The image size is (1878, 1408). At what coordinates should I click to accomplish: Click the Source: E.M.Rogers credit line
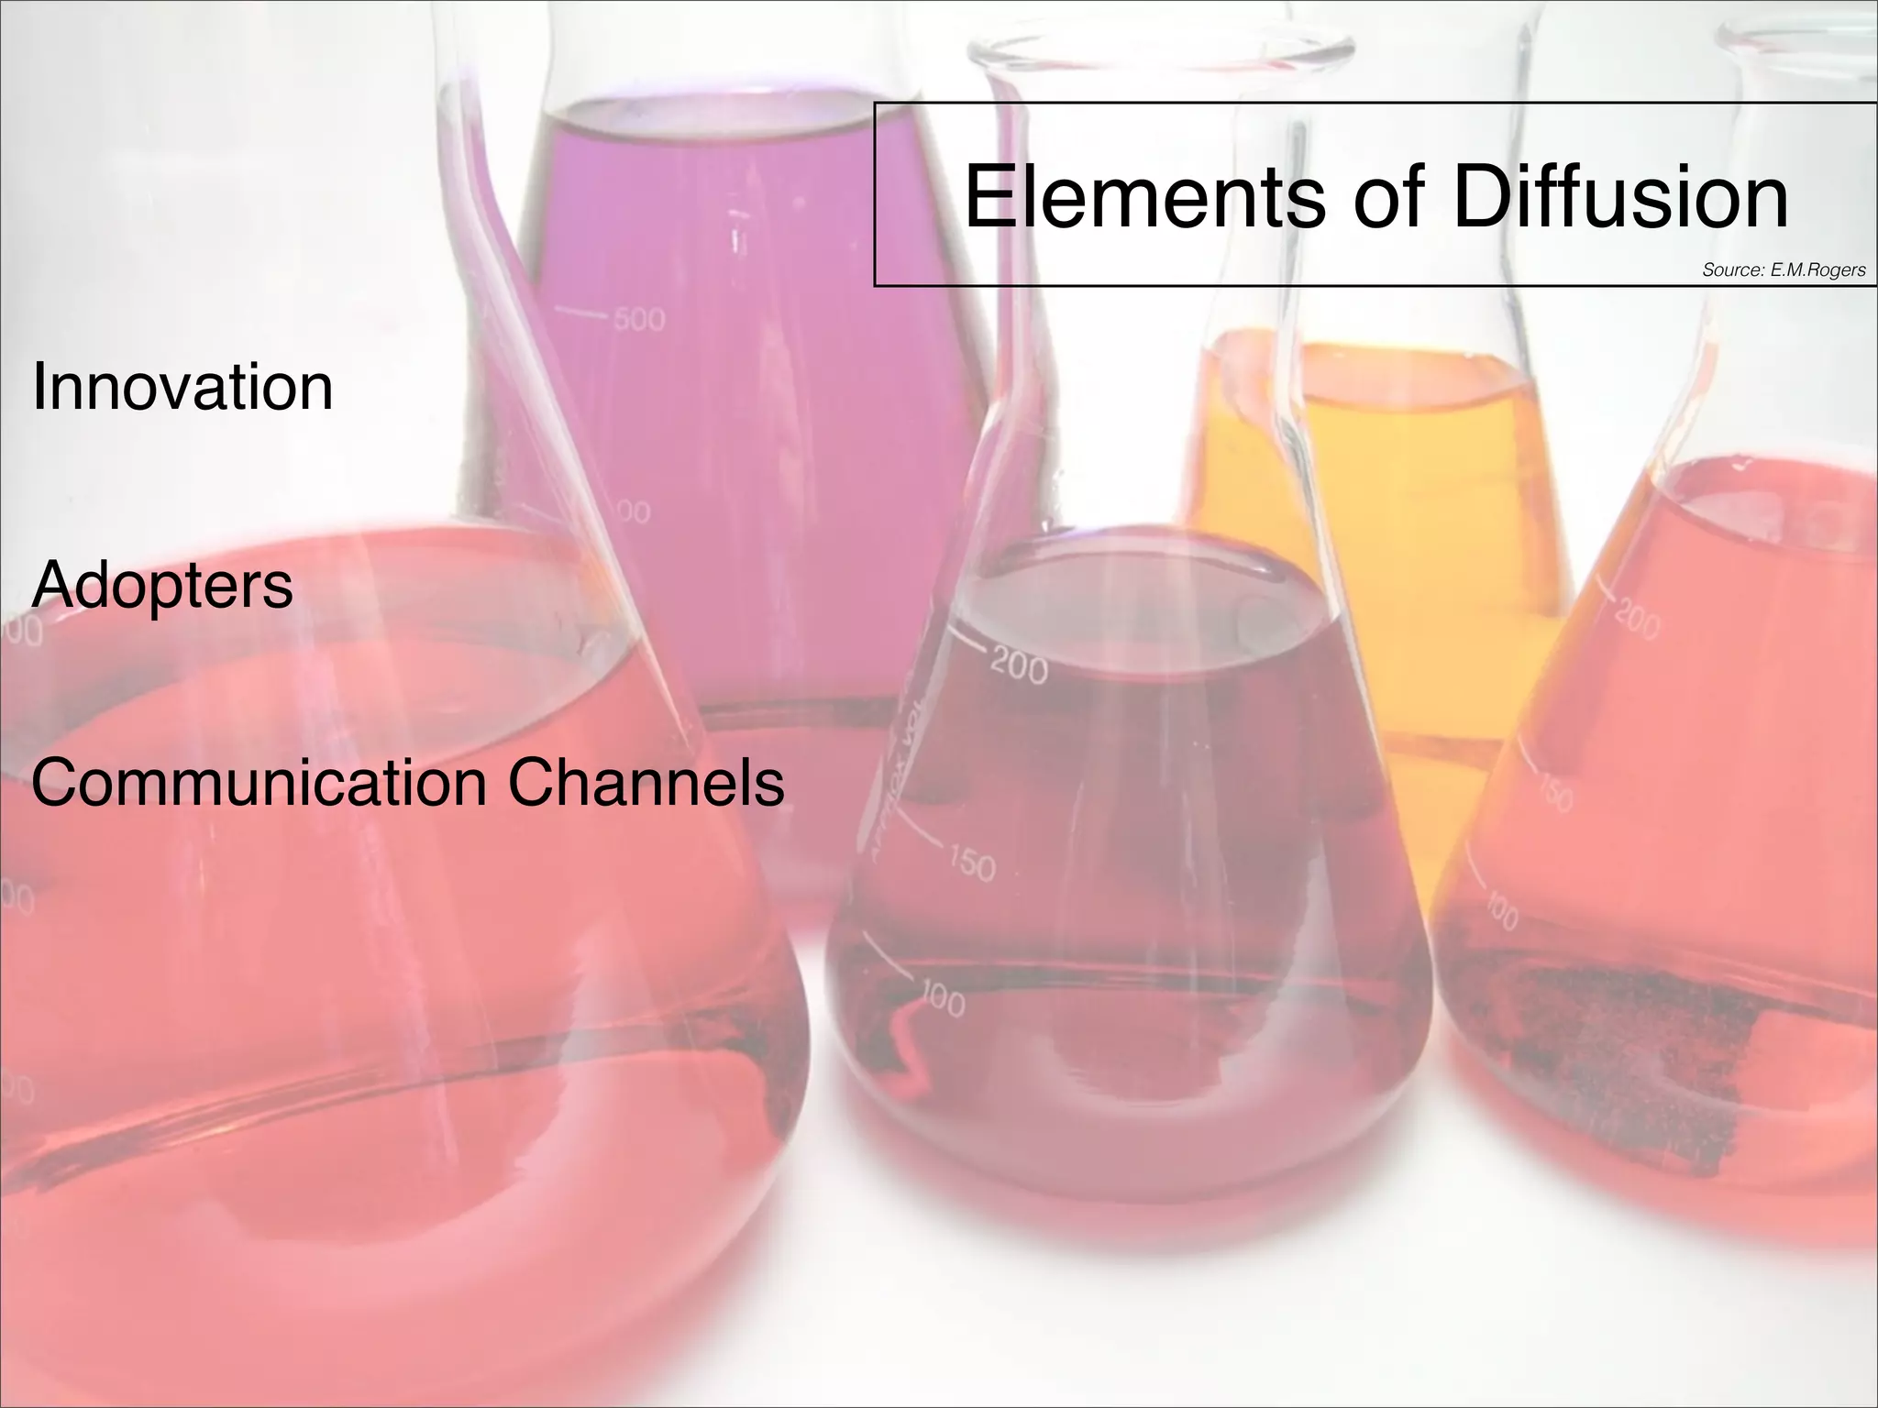click(1784, 269)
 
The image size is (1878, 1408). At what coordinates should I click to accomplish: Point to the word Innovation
click(182, 387)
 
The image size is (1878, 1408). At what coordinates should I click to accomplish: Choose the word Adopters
click(162, 585)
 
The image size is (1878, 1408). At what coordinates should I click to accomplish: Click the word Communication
click(259, 783)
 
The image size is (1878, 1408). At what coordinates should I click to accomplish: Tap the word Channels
click(646, 783)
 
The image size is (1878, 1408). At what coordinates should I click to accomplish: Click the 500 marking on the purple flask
click(639, 320)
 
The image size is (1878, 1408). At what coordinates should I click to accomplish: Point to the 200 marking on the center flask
click(1019, 666)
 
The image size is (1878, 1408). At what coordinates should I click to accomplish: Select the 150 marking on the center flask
click(971, 863)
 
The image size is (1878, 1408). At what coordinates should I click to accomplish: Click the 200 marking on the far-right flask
click(1637, 621)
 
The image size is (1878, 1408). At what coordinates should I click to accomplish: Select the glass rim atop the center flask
click(1160, 46)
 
